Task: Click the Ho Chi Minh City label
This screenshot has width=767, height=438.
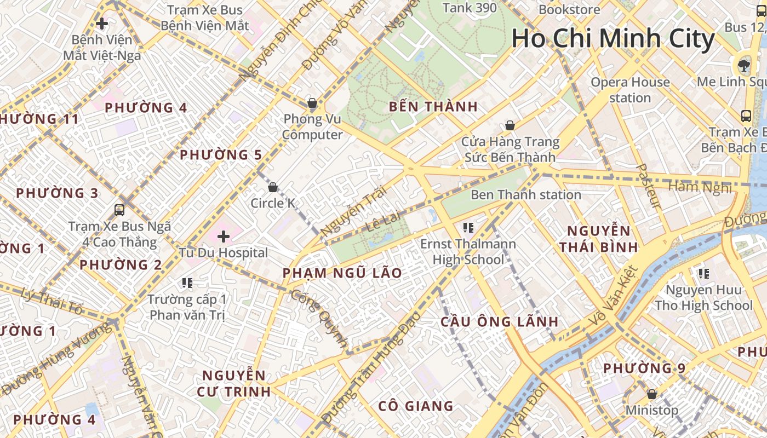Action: coord(613,39)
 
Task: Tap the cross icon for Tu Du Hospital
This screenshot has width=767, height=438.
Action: coord(223,237)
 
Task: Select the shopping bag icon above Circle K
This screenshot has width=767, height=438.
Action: coord(273,188)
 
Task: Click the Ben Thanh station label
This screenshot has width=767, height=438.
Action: coord(525,195)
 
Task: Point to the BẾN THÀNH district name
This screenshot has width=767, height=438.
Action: coord(433,107)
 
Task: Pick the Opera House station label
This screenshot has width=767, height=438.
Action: coord(630,90)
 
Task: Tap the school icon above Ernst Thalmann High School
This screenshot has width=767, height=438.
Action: coord(468,227)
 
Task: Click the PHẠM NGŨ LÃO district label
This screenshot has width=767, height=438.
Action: coord(342,273)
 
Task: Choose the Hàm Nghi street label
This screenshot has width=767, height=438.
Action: coord(700,187)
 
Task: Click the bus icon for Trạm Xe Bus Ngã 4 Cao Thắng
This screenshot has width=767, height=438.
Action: coord(119,210)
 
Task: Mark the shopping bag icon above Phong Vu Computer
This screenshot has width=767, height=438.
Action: coord(312,103)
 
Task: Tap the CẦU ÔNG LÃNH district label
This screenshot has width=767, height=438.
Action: coord(499,322)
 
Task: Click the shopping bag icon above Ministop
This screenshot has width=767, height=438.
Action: coord(652,394)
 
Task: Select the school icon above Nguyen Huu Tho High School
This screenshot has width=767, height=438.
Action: coord(703,273)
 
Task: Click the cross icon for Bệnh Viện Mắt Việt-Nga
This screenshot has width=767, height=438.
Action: coord(101,24)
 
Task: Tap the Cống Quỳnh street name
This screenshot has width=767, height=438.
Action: coord(318,318)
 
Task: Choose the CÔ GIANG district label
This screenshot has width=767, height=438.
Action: coord(416,406)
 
